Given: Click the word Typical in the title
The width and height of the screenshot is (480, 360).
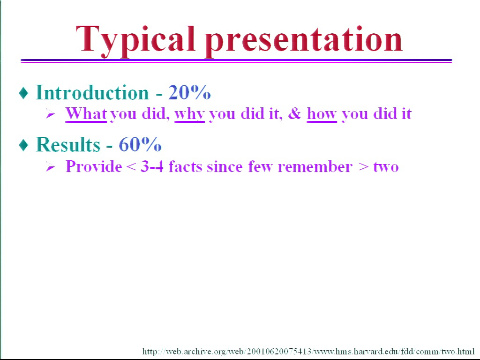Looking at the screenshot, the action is [135, 41].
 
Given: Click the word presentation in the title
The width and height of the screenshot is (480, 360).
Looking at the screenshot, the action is [304, 41].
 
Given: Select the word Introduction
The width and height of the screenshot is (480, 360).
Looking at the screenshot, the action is [92, 92].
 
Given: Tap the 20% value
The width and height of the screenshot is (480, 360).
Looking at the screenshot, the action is [189, 92].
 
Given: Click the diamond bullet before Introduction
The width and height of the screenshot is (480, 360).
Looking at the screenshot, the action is [23, 93].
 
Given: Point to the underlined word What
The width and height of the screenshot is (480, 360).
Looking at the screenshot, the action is [86, 113].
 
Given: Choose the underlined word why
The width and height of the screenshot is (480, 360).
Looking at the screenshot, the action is [189, 114].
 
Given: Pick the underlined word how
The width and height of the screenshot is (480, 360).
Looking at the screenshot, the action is [322, 113].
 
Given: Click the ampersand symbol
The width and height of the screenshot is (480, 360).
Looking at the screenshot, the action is [294, 113].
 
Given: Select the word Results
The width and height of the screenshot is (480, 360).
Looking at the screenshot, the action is [68, 144].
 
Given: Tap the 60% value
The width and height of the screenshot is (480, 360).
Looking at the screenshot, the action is [140, 144].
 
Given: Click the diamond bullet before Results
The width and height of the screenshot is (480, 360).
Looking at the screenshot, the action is [23, 145].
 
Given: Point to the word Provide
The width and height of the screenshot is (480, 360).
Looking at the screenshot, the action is [94, 166].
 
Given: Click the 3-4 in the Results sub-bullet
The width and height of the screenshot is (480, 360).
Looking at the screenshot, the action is [152, 166].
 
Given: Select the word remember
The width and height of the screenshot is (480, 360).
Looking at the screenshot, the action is [315, 167].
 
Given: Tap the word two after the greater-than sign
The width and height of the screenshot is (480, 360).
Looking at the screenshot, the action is [386, 167].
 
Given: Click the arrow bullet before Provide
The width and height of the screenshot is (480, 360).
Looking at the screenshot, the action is [50, 167].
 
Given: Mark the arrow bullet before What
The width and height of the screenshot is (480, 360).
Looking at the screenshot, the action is [50, 114].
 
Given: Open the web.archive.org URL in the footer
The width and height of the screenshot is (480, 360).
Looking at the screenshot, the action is [308, 351].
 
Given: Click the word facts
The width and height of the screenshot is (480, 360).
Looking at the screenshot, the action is [185, 166].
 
